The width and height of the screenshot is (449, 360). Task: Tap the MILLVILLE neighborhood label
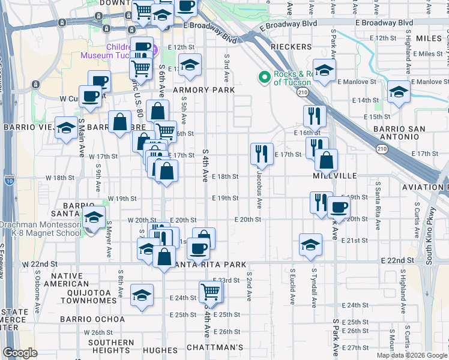click(x=335, y=176)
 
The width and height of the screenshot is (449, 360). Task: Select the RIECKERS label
click(x=291, y=47)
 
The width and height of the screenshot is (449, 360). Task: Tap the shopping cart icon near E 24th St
click(x=211, y=292)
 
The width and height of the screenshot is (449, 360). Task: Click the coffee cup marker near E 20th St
click(x=339, y=208)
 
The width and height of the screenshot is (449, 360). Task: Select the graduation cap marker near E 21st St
click(x=310, y=245)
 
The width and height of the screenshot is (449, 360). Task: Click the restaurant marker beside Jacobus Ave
click(x=262, y=154)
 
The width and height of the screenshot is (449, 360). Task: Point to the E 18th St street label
click(x=228, y=177)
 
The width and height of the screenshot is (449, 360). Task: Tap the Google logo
click(x=20, y=353)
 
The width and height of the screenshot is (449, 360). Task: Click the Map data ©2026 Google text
click(x=411, y=355)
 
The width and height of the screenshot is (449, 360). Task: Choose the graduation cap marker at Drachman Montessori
click(x=93, y=217)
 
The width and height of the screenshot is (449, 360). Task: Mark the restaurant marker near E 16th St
click(x=315, y=115)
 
